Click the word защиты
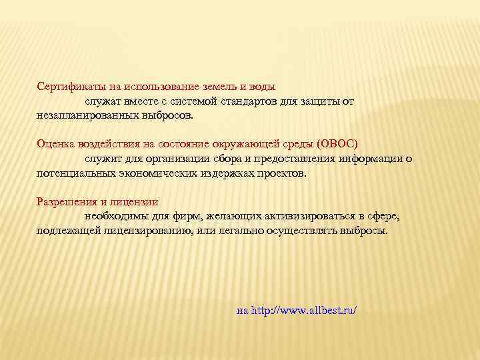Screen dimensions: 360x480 pyautogui.click(x=321, y=101)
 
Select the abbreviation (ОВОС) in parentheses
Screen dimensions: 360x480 pyautogui.click(x=338, y=144)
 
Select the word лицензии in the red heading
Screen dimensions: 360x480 pyautogui.click(x=137, y=201)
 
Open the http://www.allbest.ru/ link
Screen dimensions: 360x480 pyautogui.click(x=304, y=311)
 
